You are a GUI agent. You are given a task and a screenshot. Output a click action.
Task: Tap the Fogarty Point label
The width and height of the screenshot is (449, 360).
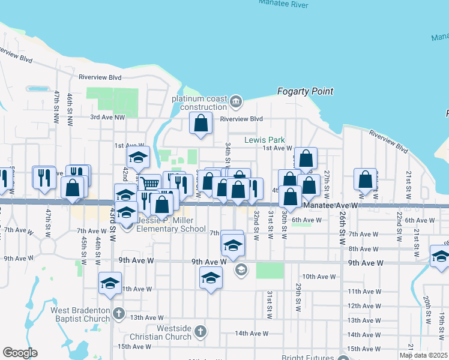(305, 91)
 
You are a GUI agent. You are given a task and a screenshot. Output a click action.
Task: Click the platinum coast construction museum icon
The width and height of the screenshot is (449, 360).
(235, 101)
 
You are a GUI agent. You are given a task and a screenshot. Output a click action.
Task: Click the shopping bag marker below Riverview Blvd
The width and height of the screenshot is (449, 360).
(201, 124)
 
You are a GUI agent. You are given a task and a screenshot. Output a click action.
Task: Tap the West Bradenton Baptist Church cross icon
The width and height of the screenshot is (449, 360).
(119, 313)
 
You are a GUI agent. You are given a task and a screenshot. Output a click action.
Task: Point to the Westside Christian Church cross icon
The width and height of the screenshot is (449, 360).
(200, 331)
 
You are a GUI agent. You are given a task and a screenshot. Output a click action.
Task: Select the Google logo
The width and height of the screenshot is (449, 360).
(20, 352)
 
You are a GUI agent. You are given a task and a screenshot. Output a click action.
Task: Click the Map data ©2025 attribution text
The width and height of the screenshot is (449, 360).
(423, 355)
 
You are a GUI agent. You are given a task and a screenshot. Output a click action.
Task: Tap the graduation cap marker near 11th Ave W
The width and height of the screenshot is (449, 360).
(110, 283)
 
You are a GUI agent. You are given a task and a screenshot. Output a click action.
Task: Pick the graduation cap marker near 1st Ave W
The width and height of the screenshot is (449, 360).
(139, 157)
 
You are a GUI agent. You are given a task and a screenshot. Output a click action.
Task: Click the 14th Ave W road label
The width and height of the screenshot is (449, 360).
(252, 334)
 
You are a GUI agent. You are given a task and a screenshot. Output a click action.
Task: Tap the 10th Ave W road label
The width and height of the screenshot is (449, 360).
(318, 277)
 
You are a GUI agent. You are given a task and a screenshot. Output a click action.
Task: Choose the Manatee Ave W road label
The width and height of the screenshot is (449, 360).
(331, 205)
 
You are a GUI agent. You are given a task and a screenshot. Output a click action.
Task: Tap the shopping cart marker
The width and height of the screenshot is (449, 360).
(150, 184)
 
